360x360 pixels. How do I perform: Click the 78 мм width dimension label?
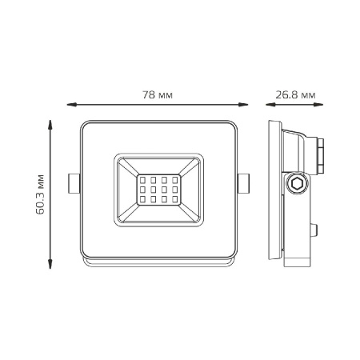click(x=158, y=94)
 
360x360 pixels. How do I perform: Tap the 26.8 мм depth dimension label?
click(x=295, y=94)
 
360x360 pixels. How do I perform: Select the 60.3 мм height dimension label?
click(x=40, y=194)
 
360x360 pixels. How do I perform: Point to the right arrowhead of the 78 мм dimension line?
click(x=243, y=105)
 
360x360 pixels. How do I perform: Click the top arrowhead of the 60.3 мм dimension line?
click(x=50, y=125)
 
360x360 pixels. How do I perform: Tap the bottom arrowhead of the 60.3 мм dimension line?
click(x=50, y=263)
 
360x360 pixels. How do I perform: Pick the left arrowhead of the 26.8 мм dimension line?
click(x=270, y=105)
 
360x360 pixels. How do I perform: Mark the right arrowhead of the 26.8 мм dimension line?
click(x=318, y=105)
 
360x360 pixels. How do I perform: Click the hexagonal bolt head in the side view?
click(x=297, y=183)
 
